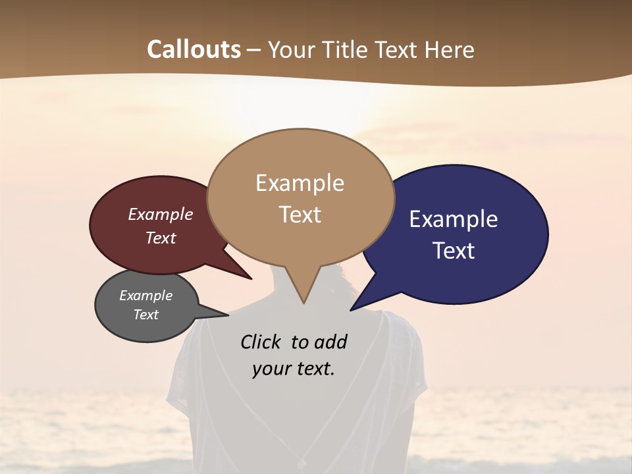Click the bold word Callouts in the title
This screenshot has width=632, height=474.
click(x=194, y=49)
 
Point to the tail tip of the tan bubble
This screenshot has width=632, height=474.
click(x=303, y=302)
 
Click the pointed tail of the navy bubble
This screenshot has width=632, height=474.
click(x=352, y=309)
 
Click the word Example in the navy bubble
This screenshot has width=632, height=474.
click(x=454, y=219)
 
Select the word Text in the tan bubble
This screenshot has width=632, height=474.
click(x=300, y=215)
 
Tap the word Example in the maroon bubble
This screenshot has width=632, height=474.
click(x=161, y=214)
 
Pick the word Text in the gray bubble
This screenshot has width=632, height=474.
click(x=146, y=315)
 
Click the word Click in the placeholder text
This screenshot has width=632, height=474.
click(x=260, y=342)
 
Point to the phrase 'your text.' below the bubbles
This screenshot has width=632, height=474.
click(x=294, y=369)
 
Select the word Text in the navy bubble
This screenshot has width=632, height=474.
click(x=454, y=251)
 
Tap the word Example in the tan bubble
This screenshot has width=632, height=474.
click(x=300, y=183)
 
